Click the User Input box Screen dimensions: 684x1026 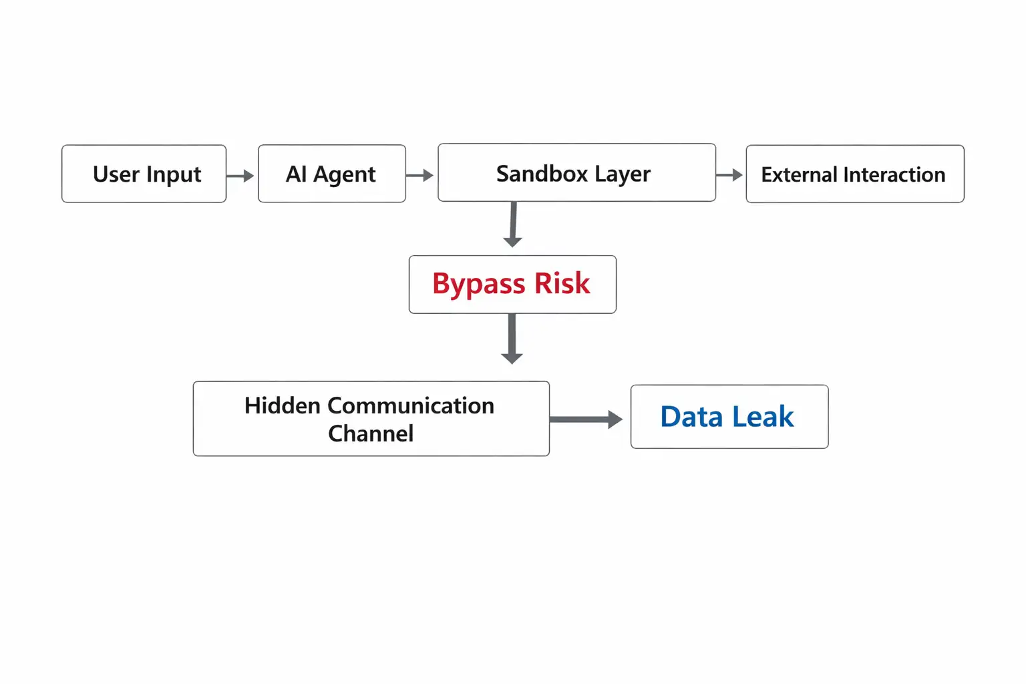tap(144, 174)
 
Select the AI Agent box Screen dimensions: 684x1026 tap(331, 174)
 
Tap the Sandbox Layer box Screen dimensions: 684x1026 tap(576, 173)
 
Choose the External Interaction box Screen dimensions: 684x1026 tap(854, 174)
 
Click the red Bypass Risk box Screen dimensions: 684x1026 tap(512, 284)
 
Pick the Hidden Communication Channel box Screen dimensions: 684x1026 tap(371, 419)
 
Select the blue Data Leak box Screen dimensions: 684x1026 tap(729, 417)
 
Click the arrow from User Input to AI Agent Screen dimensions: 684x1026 tap(240, 176)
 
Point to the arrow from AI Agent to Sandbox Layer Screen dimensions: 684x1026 tap(420, 176)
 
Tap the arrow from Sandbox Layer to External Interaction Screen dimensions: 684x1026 tap(729, 175)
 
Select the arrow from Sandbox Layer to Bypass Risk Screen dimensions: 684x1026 tap(513, 225)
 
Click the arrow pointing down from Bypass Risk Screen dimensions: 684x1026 tap(512, 339)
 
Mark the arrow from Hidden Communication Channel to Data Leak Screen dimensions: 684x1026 tap(586, 419)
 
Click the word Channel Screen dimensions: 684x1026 tap(371, 434)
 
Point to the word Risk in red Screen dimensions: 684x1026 tap(562, 284)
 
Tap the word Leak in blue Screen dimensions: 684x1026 tap(763, 417)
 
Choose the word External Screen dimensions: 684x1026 tap(799, 175)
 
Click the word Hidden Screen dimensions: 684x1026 tap(282, 405)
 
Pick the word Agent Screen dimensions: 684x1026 tap(344, 175)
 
